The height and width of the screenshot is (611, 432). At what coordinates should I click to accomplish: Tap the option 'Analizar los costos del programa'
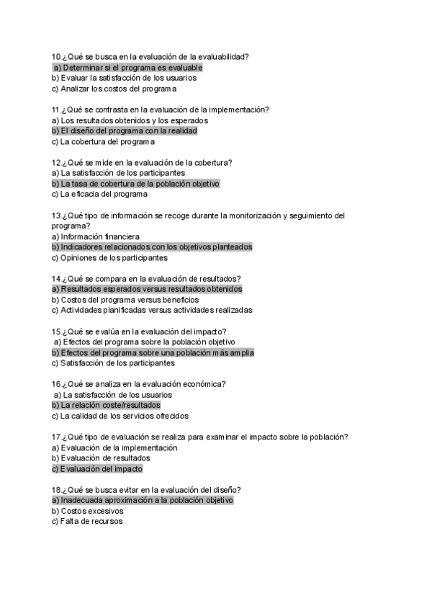click(114, 89)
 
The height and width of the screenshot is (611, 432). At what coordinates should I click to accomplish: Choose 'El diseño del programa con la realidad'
click(124, 131)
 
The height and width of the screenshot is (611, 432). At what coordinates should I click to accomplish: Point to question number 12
click(56, 163)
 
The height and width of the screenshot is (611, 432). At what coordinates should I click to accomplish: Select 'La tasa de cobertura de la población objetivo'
click(135, 184)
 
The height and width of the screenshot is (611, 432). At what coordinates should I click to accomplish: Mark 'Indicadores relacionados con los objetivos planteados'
click(151, 247)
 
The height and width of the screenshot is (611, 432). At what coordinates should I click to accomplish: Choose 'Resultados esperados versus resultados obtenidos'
click(147, 289)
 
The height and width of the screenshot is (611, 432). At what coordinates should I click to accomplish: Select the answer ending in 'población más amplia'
click(153, 353)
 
